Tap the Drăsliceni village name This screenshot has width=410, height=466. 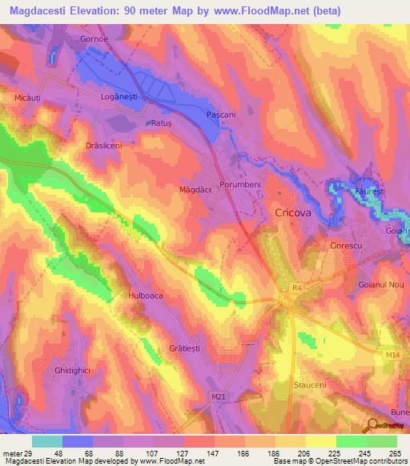click(103, 146)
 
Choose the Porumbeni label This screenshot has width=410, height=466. click(241, 184)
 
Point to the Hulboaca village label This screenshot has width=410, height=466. click(146, 295)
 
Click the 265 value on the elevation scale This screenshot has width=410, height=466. click(394, 454)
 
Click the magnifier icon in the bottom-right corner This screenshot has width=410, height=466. click(372, 426)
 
